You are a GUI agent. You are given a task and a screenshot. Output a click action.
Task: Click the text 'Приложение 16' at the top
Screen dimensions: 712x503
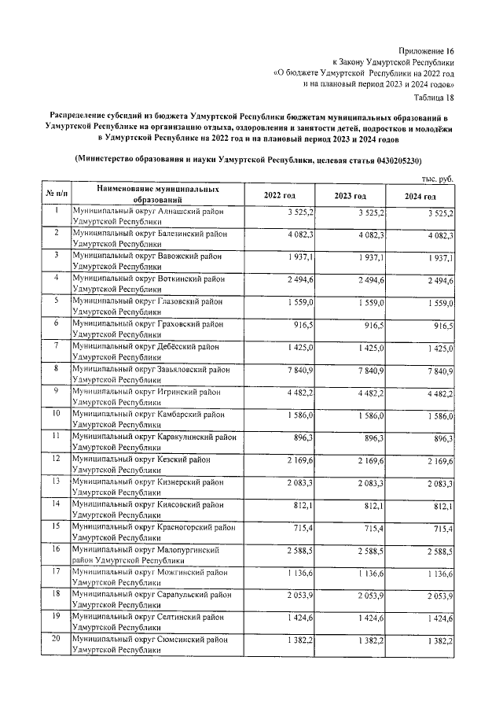(x=426, y=49)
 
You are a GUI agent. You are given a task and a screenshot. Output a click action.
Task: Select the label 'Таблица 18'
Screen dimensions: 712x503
(x=433, y=97)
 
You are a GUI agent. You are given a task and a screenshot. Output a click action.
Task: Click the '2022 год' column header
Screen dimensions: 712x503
(x=280, y=195)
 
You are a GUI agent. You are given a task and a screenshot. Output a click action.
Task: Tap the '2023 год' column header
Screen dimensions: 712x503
(x=350, y=195)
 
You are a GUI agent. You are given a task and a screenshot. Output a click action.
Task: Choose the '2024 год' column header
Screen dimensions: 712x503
(x=420, y=195)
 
